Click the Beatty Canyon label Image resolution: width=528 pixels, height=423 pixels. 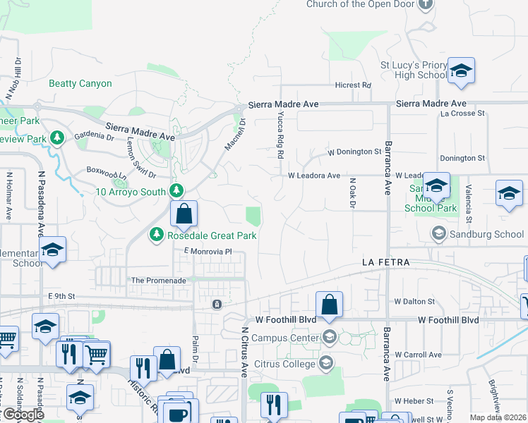(80, 83)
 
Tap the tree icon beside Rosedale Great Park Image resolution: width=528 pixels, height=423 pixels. (156, 234)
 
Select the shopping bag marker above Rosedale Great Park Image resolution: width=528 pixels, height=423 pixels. (184, 214)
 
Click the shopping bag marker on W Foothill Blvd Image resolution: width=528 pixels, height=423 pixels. (329, 305)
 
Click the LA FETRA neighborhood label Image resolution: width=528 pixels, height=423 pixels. (386, 262)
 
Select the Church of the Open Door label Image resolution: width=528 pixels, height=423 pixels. (359, 4)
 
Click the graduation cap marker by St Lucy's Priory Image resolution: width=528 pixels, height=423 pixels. (461, 70)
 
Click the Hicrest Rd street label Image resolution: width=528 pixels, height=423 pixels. (353, 85)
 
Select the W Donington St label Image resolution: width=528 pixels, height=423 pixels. (354, 152)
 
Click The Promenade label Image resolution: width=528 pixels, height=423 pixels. (159, 280)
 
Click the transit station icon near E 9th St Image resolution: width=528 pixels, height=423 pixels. (217, 305)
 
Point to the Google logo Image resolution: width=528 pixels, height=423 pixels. (23, 415)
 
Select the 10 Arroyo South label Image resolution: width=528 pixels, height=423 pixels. (131, 191)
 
